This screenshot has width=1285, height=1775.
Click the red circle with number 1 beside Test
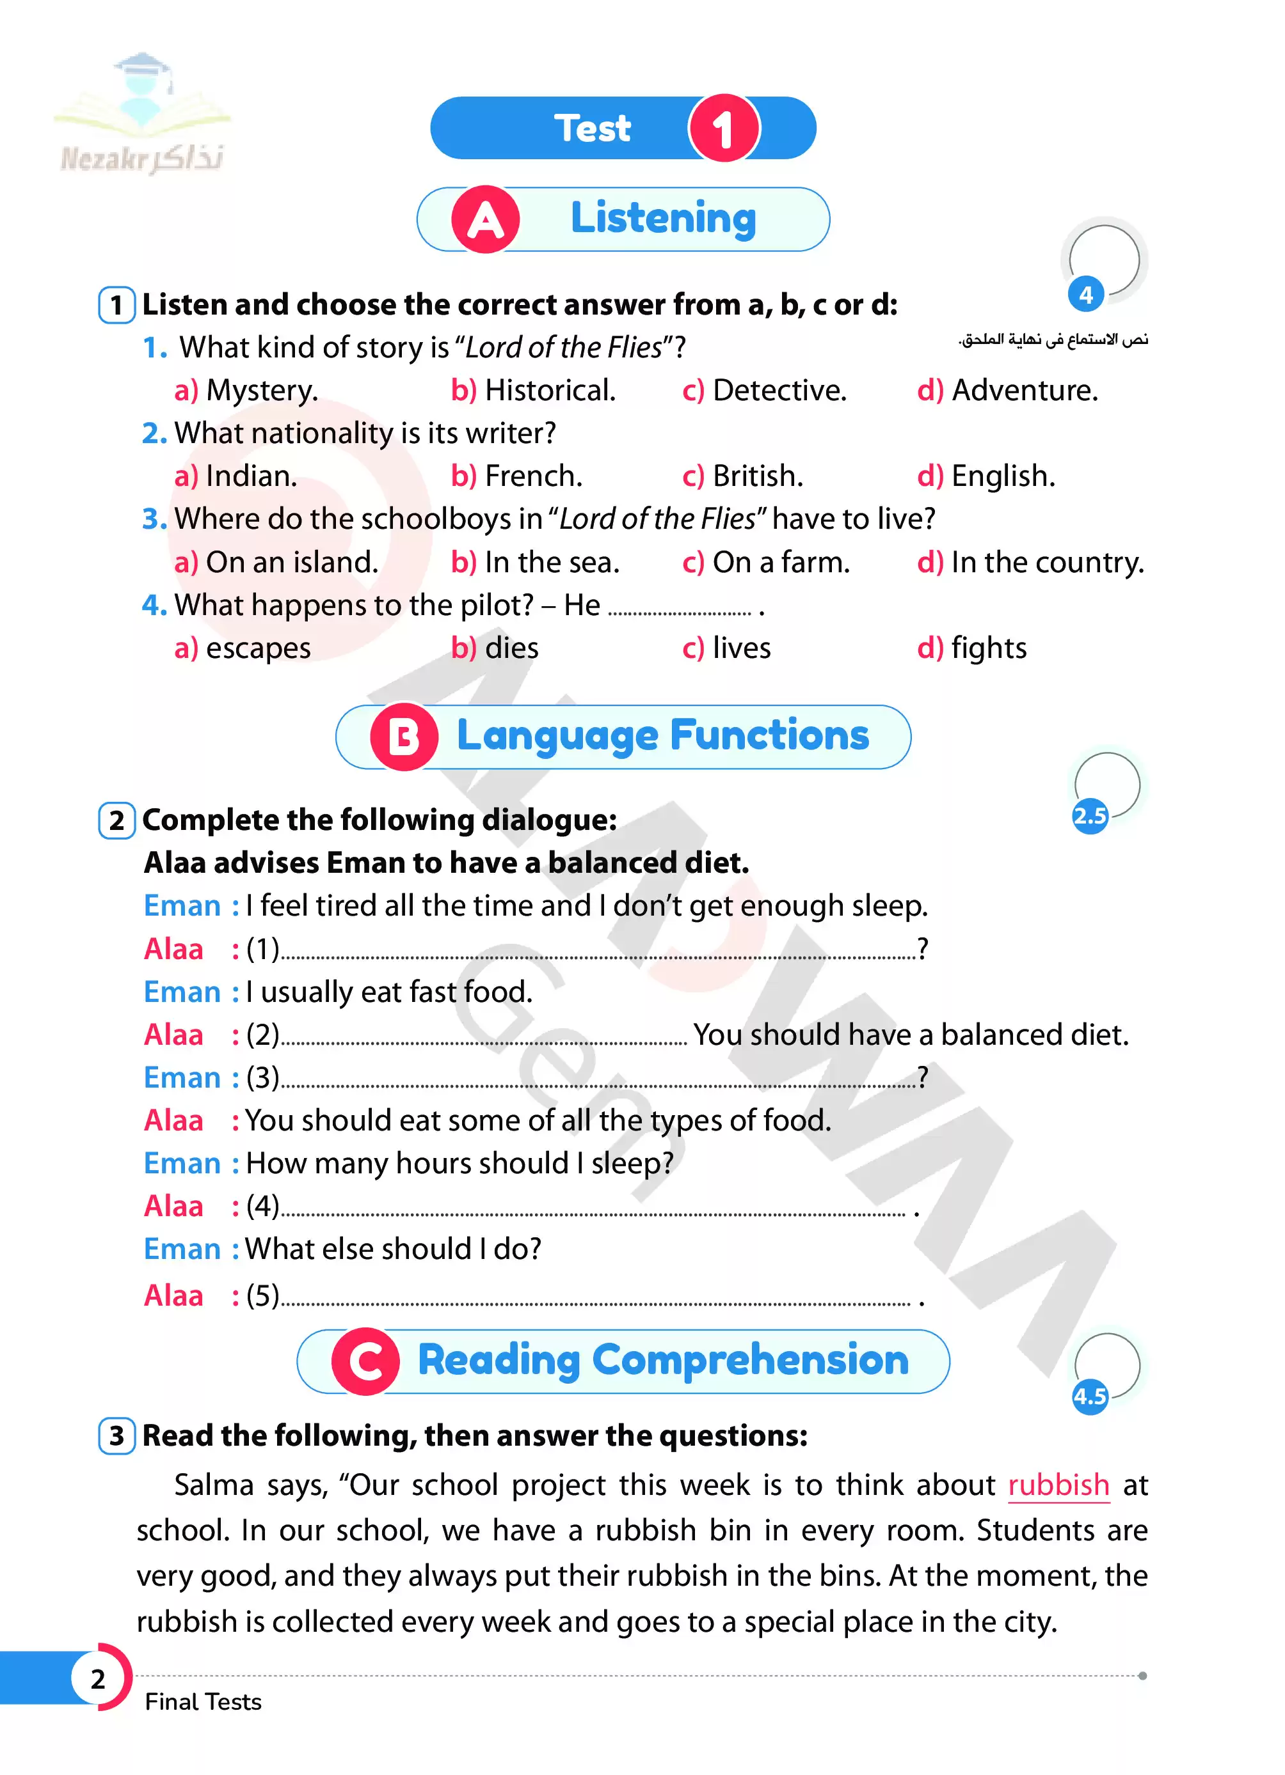[722, 129]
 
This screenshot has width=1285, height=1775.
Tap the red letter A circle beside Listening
[484, 220]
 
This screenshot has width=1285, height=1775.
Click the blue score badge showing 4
[1085, 295]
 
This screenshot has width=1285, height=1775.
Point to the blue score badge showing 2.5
[1089, 817]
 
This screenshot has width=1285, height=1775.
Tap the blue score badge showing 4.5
[1089, 1396]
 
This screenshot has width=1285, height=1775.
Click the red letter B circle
[403, 737]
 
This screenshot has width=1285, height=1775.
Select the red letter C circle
[365, 1362]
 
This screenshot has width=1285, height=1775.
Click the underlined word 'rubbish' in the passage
[1057, 1485]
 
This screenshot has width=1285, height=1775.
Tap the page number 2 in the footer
[98, 1678]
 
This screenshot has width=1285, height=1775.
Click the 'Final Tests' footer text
[203, 1702]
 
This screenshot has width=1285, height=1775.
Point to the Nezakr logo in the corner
[141, 118]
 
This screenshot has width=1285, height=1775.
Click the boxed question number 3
[116, 1436]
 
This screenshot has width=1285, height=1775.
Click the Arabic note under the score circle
[1053, 339]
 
